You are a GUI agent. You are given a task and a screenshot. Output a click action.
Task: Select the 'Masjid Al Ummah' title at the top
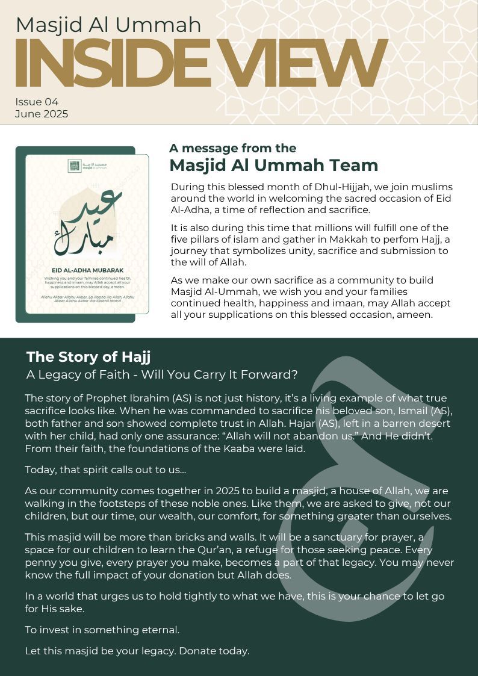coord(108,25)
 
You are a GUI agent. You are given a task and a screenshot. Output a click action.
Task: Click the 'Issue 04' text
coord(37,102)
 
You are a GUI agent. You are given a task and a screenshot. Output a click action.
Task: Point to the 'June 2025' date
coord(42,114)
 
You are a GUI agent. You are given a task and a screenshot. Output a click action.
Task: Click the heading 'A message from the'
coord(232,148)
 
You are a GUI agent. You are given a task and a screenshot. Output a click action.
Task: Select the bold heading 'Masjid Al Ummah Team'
coord(273,165)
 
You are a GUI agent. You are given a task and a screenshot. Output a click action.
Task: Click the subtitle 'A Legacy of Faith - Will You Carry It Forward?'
coord(162,374)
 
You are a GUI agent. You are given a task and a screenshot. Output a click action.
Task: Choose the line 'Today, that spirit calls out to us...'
coord(106,469)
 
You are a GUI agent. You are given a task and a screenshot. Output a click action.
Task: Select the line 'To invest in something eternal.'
coord(102,630)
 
